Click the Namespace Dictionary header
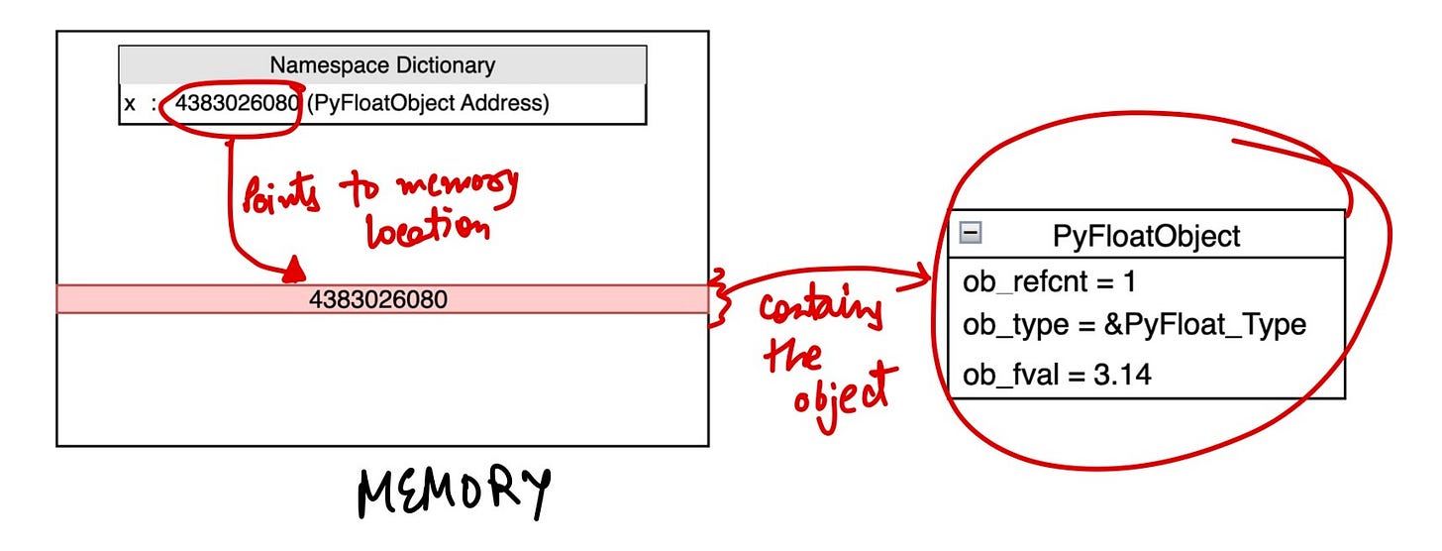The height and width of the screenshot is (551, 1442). (x=382, y=65)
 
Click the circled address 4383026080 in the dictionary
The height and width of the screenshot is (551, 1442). (x=237, y=103)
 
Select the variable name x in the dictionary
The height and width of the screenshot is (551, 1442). (x=130, y=103)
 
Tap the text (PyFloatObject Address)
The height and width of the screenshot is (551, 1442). (x=427, y=103)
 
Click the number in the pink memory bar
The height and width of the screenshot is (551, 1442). (x=377, y=298)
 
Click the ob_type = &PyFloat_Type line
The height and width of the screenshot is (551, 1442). (x=1134, y=325)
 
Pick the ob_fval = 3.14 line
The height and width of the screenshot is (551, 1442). (x=1057, y=375)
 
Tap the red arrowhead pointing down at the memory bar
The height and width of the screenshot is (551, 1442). (x=294, y=271)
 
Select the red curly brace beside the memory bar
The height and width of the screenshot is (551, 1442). (x=721, y=297)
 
